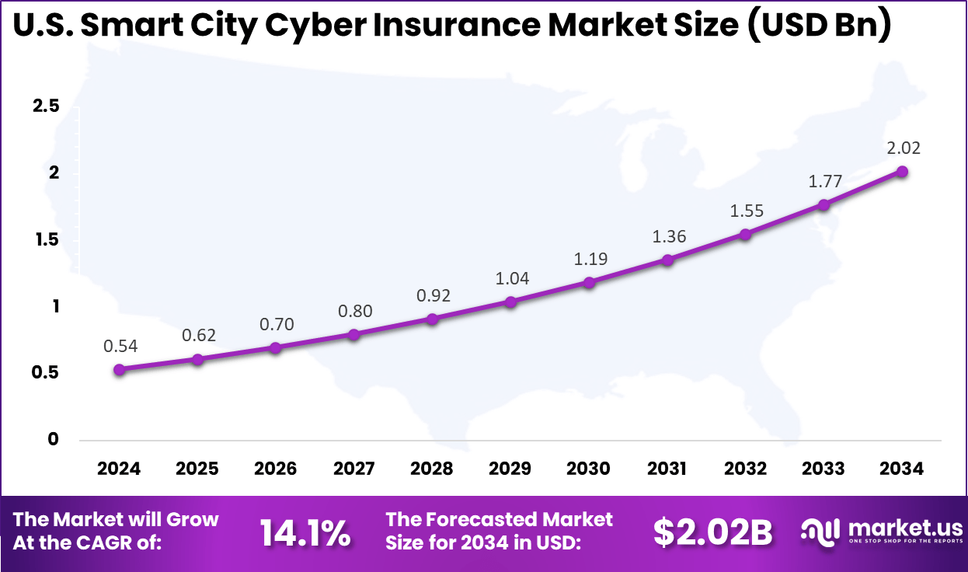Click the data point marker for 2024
tap(119, 370)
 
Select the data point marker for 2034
tap(902, 171)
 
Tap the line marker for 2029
tap(510, 302)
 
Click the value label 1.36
tap(669, 237)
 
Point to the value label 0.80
tap(355, 312)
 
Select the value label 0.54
tap(120, 347)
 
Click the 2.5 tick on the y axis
tap(46, 106)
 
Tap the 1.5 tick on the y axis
tap(46, 240)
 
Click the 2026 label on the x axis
tap(276, 469)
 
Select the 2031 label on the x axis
tap(667, 469)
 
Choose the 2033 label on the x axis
tap(823, 469)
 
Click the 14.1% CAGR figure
tap(305, 533)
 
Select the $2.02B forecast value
tap(712, 533)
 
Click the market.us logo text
tap(905, 528)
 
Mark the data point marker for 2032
tap(745, 234)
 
